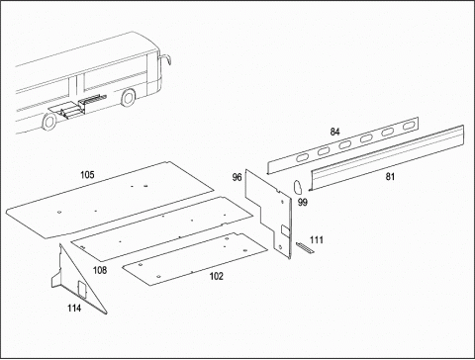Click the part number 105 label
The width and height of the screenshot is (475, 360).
(x=87, y=175)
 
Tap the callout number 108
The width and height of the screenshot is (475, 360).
(x=100, y=270)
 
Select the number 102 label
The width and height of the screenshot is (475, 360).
(x=217, y=276)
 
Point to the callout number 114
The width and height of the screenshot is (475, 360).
(x=74, y=308)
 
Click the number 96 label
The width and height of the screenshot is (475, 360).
(x=237, y=177)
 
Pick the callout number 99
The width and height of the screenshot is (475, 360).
(x=303, y=202)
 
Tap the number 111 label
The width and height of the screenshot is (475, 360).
(x=317, y=239)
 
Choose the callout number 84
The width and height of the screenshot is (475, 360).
(x=334, y=132)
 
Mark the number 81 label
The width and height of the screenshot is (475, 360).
(x=390, y=177)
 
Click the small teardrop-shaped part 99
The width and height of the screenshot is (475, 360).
(x=298, y=187)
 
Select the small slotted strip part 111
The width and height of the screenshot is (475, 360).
(x=305, y=247)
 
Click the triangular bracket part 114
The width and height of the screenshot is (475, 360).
(x=77, y=280)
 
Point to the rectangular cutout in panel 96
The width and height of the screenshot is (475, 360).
(x=285, y=230)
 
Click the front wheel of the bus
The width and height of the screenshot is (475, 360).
(x=129, y=97)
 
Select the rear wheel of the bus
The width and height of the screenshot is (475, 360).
(x=49, y=122)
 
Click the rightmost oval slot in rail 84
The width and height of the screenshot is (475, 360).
(x=409, y=126)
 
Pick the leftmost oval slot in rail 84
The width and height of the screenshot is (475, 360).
(x=302, y=158)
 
